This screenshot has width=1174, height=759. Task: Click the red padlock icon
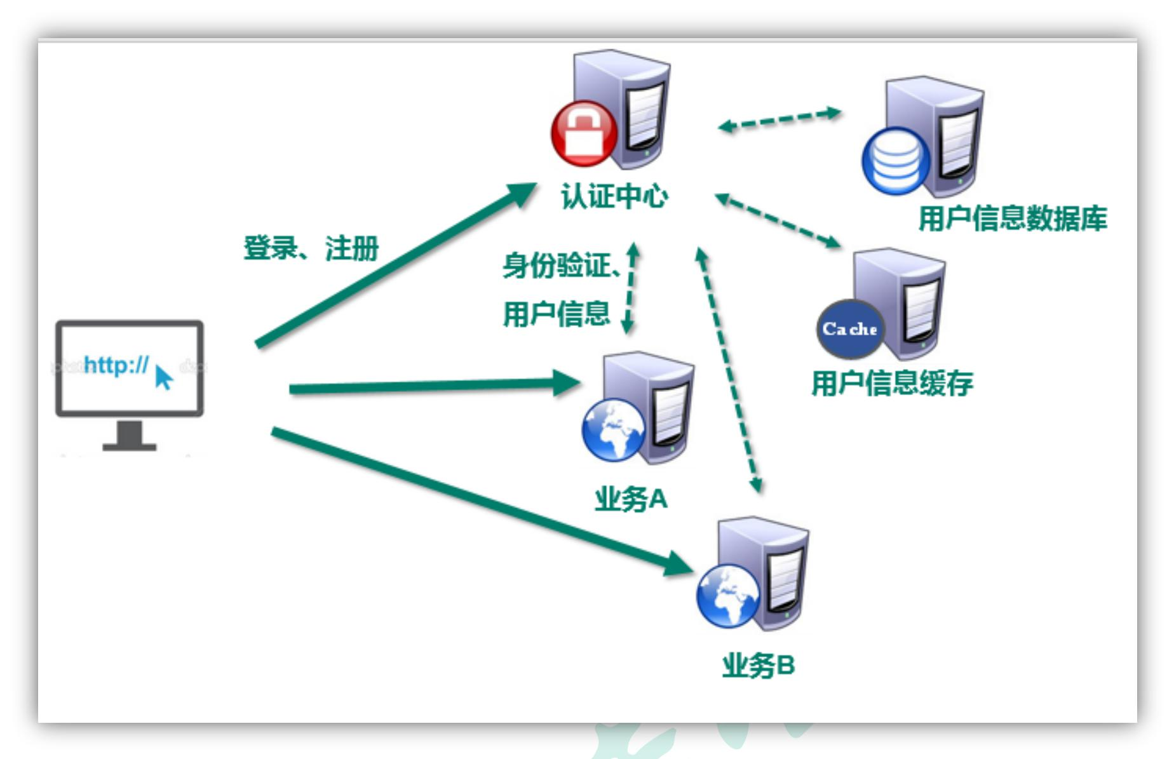pos(583,133)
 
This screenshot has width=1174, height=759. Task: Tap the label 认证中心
pos(614,196)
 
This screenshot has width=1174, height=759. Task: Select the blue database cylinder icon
pos(895,161)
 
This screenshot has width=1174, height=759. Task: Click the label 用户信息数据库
pos(1013,218)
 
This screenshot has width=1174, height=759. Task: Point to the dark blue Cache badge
pos(850,328)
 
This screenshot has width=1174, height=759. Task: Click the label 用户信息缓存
pos(892,383)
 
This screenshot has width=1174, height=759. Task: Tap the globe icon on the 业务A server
pos(613,430)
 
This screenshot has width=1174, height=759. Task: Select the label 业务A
pos(631,499)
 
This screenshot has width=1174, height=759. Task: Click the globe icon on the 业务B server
pos(728,596)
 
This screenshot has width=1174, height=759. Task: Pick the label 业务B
pos(759,666)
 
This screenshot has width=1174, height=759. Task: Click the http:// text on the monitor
pos(116,365)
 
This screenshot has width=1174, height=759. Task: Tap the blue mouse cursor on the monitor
pos(163,377)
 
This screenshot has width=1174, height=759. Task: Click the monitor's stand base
pos(130,446)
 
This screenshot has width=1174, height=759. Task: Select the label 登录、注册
pos(311,248)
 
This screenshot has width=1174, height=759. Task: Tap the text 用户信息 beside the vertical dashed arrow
pos(557,314)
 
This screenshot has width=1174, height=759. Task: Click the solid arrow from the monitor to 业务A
pos(432,386)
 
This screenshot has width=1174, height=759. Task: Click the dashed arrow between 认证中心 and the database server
pos(779,119)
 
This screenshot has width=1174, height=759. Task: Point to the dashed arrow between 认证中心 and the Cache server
pos(778,220)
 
